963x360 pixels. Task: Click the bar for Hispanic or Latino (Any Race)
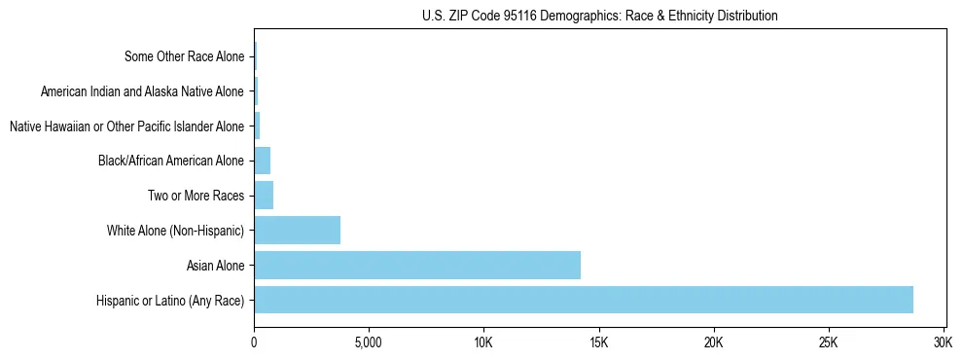click(584, 300)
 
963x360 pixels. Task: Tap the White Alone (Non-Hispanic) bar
click(297, 231)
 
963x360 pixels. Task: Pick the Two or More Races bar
click(264, 196)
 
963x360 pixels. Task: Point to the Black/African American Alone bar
click(262, 161)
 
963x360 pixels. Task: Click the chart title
click(599, 17)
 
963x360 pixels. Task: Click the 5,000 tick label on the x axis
click(369, 343)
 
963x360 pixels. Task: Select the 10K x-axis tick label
click(483, 343)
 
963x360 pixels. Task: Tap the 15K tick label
click(598, 343)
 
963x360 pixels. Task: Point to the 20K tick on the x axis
click(714, 343)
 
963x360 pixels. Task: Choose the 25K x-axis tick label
click(829, 343)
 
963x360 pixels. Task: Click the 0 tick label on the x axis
click(254, 343)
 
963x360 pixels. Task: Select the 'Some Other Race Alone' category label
click(185, 56)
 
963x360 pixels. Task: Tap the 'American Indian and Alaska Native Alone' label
click(143, 91)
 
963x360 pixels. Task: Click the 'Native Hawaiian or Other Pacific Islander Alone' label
click(126, 126)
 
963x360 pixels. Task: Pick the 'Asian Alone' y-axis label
click(215, 266)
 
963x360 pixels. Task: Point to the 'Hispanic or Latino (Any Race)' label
click(170, 301)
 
